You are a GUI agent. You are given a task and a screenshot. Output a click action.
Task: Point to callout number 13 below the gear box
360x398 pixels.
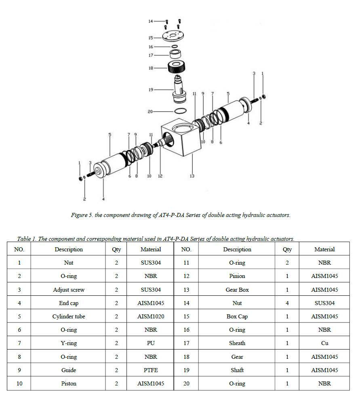(192, 176)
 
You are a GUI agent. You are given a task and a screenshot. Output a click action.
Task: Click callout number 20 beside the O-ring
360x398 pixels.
(150, 111)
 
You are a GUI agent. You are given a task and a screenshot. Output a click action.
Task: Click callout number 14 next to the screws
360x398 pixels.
(150, 21)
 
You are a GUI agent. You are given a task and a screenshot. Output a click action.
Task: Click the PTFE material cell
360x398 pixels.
(151, 370)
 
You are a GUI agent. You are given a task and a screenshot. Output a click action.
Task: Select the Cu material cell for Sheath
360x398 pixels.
(324, 343)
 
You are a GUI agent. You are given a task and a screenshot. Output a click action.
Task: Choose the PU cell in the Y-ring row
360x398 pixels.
(151, 343)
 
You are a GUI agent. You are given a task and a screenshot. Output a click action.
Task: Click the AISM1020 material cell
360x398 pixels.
(151, 316)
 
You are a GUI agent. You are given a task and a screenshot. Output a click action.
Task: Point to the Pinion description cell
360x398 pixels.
(237, 276)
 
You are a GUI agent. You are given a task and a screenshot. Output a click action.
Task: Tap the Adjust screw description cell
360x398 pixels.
(69, 290)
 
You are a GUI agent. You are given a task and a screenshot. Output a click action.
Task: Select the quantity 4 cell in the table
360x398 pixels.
(287, 303)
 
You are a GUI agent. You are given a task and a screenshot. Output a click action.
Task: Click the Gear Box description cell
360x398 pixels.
(237, 290)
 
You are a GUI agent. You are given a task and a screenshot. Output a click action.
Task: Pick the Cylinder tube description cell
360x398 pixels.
(69, 316)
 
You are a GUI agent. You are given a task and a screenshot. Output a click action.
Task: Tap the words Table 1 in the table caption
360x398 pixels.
(26, 238)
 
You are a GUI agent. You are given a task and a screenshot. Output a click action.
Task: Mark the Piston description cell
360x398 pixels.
(69, 383)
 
